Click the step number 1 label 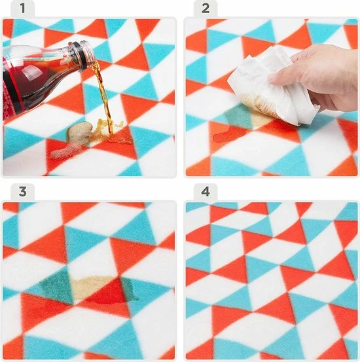22,9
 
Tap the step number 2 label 206,9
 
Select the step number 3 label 22,191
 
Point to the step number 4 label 206,191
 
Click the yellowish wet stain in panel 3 92,287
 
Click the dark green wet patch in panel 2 238,115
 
